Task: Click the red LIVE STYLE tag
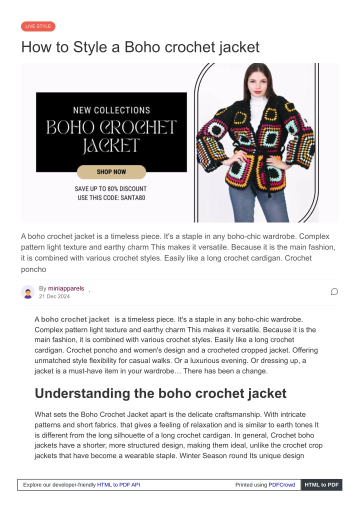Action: [38, 26]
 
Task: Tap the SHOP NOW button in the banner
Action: [111, 172]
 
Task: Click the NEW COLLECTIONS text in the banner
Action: [111, 110]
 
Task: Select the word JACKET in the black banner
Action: [111, 146]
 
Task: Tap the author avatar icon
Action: [28, 292]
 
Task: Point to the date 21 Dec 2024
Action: [54, 296]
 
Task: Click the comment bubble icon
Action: [334, 292]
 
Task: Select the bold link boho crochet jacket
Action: [75, 319]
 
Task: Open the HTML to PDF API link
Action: [118, 485]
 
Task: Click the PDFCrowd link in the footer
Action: [281, 485]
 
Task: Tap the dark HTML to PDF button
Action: [321, 485]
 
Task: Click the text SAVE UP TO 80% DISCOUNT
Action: [110, 189]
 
